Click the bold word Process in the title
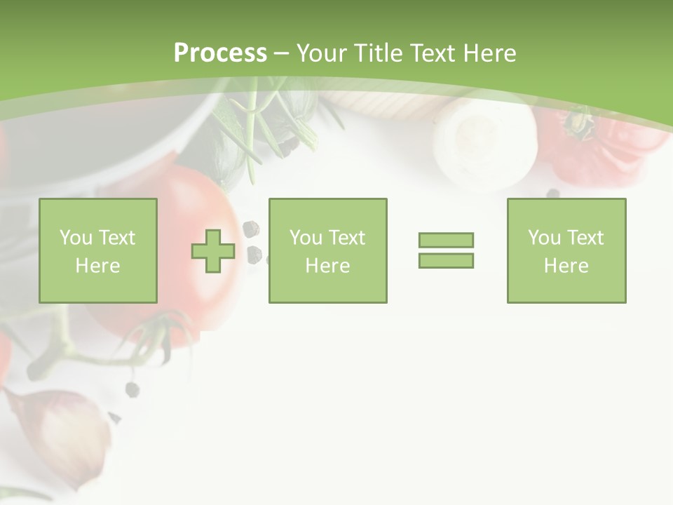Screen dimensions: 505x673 [x=220, y=53]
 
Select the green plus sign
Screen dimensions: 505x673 [x=213, y=251]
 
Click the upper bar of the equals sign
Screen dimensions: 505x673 [x=446, y=240]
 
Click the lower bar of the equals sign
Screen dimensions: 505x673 [x=446, y=260]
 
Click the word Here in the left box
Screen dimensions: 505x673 [x=97, y=266]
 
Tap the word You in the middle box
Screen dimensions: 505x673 [x=306, y=238]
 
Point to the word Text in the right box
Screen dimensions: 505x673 [x=587, y=238]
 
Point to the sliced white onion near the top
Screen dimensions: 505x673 [x=484, y=140]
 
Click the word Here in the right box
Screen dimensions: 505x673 [x=566, y=266]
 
